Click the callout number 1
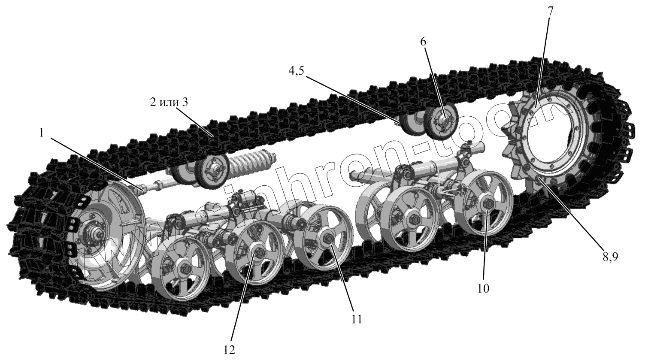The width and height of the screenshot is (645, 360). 41,133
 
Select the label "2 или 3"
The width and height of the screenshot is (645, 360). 170,103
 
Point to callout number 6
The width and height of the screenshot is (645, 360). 424,42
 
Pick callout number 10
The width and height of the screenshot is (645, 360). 483,288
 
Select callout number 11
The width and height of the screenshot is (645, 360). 357,319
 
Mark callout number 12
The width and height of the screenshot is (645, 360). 229,350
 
